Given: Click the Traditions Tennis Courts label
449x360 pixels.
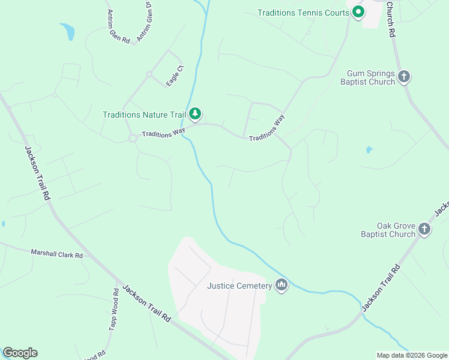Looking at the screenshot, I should click(x=302, y=13).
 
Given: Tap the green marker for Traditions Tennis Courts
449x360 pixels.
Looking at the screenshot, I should click(x=358, y=11).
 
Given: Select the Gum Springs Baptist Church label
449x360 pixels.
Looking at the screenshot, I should click(x=371, y=78).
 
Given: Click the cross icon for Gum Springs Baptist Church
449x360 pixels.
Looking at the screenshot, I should click(x=404, y=76).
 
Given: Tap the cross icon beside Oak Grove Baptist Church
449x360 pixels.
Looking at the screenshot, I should click(x=424, y=229).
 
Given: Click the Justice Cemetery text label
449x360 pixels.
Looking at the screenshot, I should click(x=240, y=286).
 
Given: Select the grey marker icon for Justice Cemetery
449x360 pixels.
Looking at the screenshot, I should click(x=282, y=285).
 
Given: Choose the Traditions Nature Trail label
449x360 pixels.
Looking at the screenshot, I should click(x=144, y=114).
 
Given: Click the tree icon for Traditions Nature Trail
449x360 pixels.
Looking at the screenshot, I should click(x=194, y=113).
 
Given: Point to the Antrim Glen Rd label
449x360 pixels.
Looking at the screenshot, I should click(x=118, y=26).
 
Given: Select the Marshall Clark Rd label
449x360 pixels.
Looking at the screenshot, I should click(x=56, y=254).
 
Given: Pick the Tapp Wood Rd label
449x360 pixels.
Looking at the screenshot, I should click(x=114, y=309).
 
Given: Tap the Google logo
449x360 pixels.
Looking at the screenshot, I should click(x=20, y=353).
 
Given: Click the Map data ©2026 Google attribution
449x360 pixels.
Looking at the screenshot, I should click(x=412, y=355).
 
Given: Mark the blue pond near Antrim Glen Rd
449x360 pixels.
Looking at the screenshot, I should click(x=67, y=31).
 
